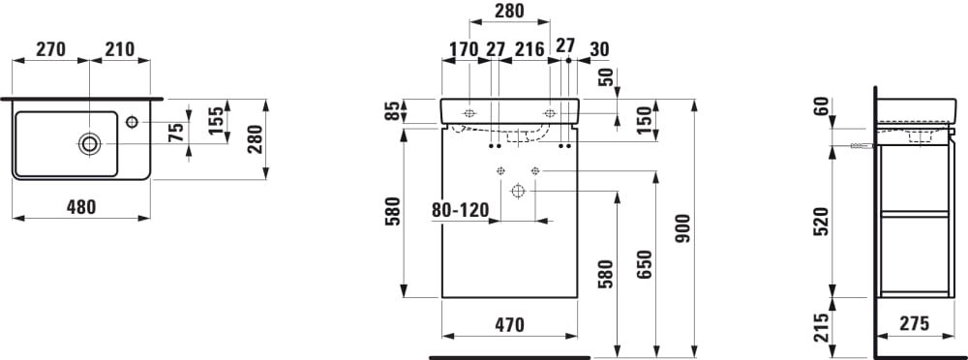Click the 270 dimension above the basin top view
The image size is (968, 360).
point(50,49)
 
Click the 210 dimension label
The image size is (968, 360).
point(119,49)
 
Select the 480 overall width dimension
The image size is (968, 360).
point(81,207)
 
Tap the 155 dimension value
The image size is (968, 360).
point(215,121)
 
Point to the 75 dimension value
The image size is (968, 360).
point(176,133)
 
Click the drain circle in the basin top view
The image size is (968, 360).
point(89,144)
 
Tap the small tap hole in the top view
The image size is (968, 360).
point(132,122)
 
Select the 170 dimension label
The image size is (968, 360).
point(464,49)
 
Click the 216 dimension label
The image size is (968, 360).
point(529,49)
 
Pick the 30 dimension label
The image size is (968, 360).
point(599,49)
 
